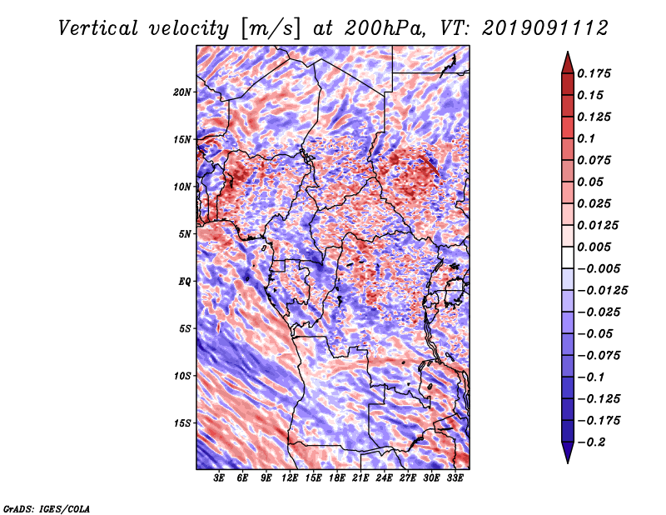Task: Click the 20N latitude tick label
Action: (x=182, y=92)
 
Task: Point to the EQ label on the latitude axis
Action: (x=184, y=282)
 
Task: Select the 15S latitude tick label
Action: (x=182, y=423)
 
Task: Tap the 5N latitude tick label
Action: (x=185, y=234)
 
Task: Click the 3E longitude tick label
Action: (x=219, y=478)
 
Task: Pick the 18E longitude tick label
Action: (x=337, y=478)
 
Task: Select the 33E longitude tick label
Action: (x=455, y=478)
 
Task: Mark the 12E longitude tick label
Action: (x=290, y=478)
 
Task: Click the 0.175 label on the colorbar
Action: (x=594, y=73)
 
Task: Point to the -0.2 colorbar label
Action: (x=592, y=442)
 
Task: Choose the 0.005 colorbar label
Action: (x=594, y=247)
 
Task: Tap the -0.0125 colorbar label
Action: (x=602, y=291)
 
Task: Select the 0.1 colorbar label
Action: (x=586, y=138)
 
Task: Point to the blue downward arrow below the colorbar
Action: (x=568, y=452)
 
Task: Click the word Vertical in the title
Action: (x=98, y=28)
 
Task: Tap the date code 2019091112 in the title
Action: (x=545, y=28)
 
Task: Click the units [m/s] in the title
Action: (x=271, y=29)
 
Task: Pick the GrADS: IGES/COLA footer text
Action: (x=47, y=508)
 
